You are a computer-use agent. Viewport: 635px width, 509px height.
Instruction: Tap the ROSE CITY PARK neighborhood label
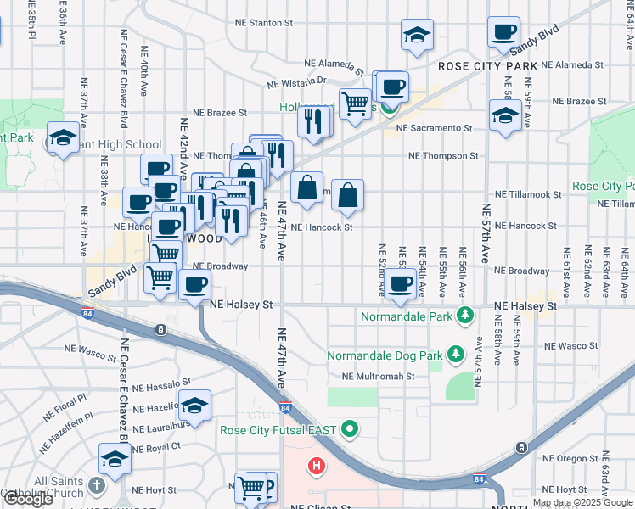pyautogui.click(x=488, y=66)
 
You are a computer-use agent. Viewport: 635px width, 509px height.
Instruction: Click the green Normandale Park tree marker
pyautogui.click(x=464, y=316)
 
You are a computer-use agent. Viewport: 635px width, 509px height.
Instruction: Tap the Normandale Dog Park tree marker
pyautogui.click(x=456, y=352)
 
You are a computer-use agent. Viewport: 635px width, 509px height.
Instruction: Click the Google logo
pyautogui.click(x=28, y=499)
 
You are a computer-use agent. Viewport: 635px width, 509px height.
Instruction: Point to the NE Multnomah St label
pyautogui.click(x=378, y=377)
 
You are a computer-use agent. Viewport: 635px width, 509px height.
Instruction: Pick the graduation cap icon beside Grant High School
pyautogui.click(x=62, y=138)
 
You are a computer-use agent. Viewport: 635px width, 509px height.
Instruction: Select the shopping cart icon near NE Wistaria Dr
pyautogui.click(x=355, y=103)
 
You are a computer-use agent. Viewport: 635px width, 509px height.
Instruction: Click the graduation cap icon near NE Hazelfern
pyautogui.click(x=194, y=406)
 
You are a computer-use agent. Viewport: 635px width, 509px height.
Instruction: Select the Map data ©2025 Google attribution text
pyautogui.click(x=582, y=502)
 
